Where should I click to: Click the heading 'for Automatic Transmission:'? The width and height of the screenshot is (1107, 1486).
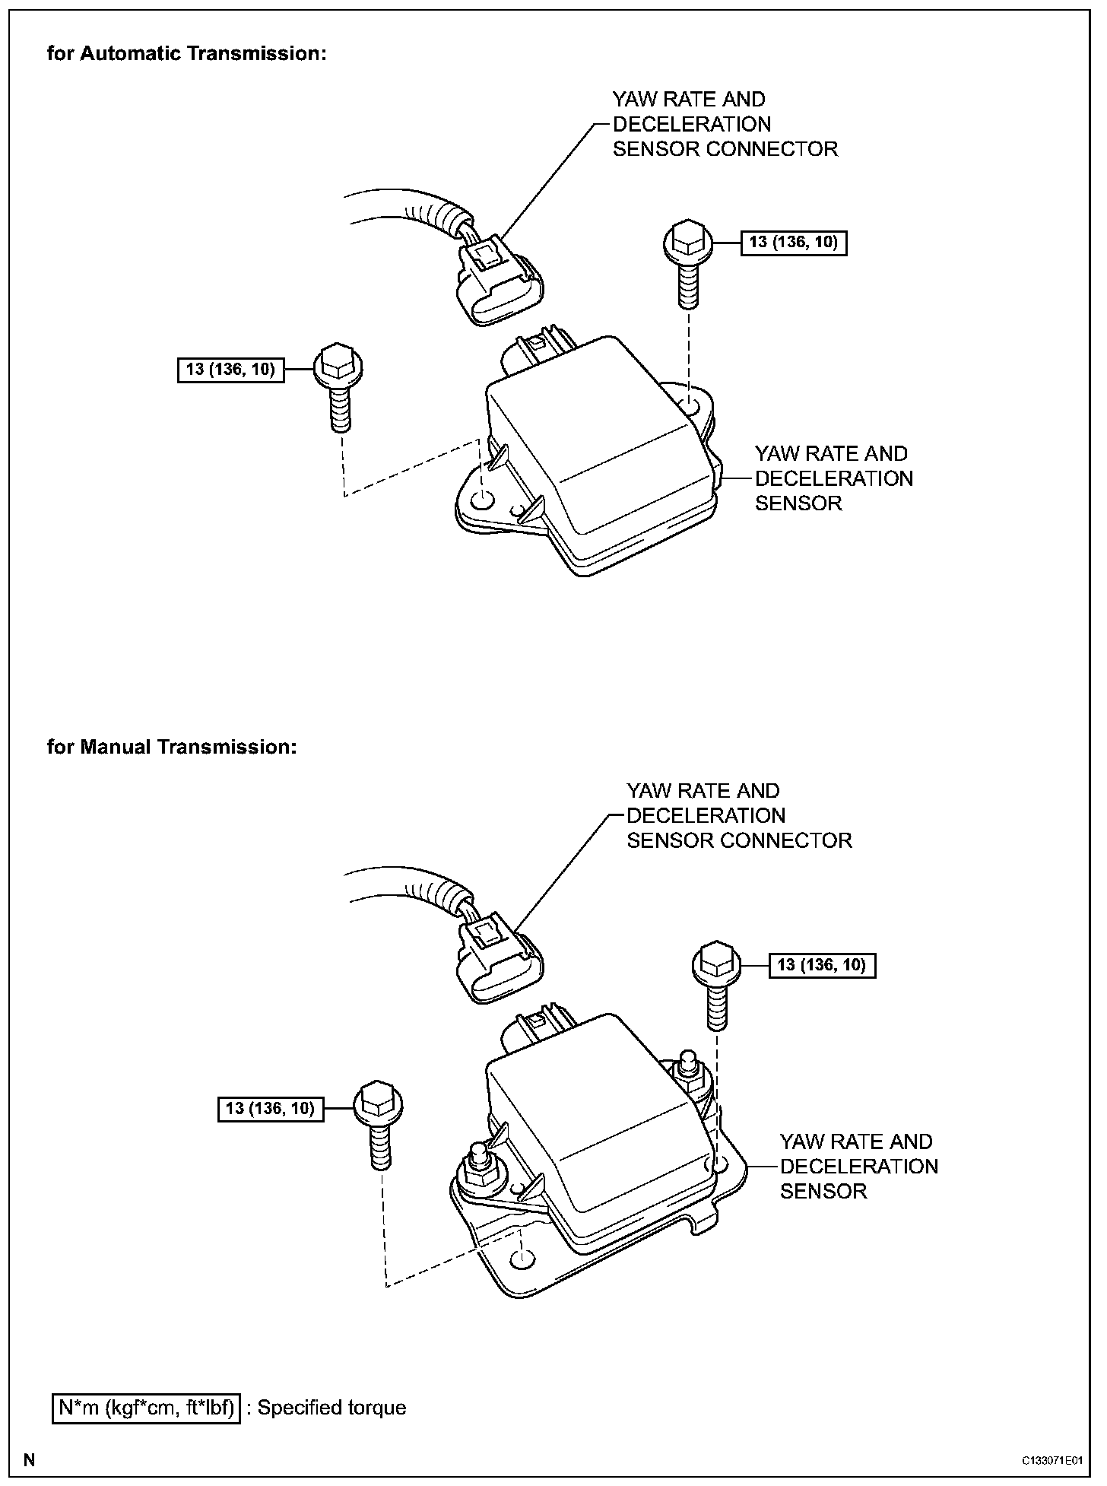(186, 54)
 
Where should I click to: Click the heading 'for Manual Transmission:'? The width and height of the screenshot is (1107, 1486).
(171, 747)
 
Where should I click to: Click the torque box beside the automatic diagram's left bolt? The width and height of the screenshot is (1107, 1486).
(231, 370)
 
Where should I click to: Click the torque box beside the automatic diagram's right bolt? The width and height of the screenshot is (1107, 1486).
(793, 243)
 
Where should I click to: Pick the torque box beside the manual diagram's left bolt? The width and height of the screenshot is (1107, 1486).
(271, 1108)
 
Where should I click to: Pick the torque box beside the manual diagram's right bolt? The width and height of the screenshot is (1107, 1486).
(822, 966)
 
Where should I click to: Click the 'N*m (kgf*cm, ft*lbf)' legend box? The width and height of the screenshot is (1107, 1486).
(147, 1408)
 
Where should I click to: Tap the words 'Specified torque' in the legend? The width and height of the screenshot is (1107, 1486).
(331, 1408)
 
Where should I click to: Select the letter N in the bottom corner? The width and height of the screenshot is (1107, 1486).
(29, 1460)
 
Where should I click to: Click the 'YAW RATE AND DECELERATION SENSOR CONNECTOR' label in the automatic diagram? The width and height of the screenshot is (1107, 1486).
(725, 124)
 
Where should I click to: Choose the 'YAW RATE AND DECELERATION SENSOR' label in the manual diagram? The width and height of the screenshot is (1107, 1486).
(858, 1166)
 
